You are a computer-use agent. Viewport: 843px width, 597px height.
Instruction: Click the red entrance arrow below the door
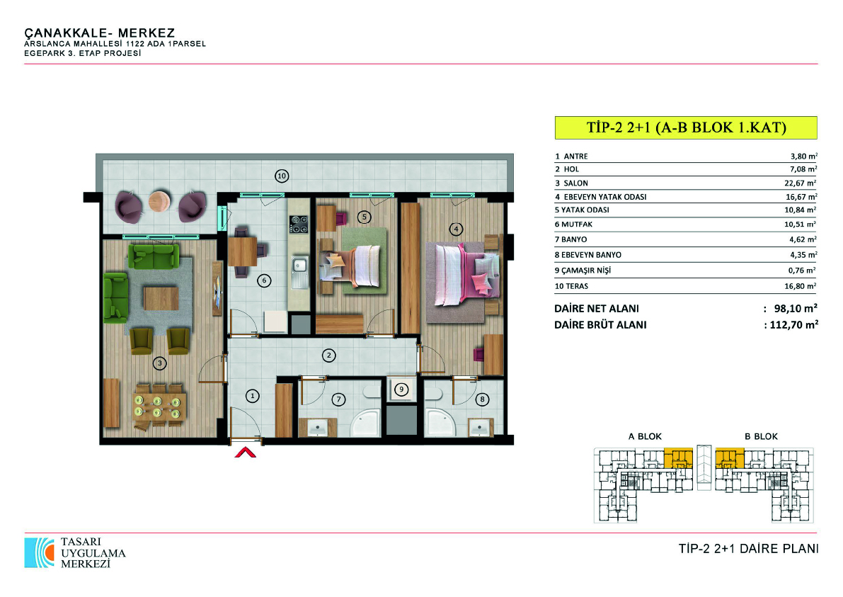click(245, 453)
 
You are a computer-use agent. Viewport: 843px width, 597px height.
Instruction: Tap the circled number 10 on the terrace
click(282, 176)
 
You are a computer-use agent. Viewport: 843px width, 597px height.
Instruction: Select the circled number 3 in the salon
click(160, 363)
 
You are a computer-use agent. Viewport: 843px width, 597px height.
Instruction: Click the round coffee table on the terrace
click(160, 200)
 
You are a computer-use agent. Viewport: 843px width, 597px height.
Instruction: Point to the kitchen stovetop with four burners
click(299, 224)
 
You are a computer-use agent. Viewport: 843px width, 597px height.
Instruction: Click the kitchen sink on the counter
click(299, 272)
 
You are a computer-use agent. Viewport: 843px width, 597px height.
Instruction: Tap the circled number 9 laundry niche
click(401, 390)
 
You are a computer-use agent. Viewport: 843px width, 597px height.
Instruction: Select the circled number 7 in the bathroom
click(338, 399)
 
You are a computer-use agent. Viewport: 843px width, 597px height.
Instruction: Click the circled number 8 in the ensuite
click(482, 399)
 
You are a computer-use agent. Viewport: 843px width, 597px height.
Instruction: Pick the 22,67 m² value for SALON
click(801, 183)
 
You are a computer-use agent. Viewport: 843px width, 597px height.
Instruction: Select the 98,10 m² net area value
click(796, 308)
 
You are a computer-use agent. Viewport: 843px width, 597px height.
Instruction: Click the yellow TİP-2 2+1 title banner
click(686, 127)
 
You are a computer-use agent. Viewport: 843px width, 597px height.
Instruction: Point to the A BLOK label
click(645, 436)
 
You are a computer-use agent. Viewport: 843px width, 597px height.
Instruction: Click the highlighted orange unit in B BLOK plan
click(730, 457)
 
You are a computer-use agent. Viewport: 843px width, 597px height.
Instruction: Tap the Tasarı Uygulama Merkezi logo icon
click(39, 552)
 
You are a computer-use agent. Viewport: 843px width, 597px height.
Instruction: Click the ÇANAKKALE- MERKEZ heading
click(100, 33)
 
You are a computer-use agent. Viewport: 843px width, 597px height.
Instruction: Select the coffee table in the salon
click(161, 298)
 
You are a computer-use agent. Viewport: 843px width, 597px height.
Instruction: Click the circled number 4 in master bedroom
click(456, 229)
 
